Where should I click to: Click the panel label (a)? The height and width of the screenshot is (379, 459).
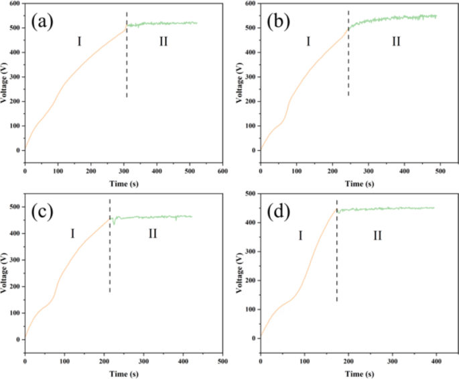pyautogui.click(x=42, y=22)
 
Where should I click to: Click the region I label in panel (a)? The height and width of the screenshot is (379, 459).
pyautogui.click(x=79, y=42)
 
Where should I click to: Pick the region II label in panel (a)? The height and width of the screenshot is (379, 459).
pyautogui.click(x=163, y=42)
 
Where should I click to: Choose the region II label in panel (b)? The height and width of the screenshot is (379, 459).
pyautogui.click(x=395, y=42)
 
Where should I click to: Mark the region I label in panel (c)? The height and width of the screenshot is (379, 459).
pyautogui.click(x=72, y=233)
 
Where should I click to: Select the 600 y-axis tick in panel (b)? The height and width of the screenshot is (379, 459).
pyautogui.click(x=249, y=3)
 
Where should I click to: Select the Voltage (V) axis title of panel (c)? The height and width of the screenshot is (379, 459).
pyautogui.click(x=5, y=275)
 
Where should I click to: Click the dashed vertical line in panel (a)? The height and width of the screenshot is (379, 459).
pyautogui.click(x=127, y=60)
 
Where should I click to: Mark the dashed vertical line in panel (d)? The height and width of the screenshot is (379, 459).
pyautogui.click(x=336, y=255)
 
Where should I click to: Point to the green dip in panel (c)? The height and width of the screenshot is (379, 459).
pyautogui.click(x=114, y=222)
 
